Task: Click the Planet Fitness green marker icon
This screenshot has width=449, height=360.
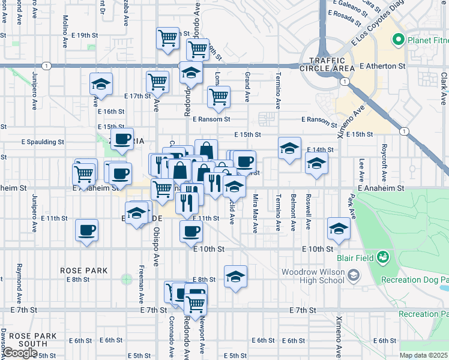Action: pos(397,41)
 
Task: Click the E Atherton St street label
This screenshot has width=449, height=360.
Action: pos(382,66)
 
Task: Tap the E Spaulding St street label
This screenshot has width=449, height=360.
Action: pos(43,142)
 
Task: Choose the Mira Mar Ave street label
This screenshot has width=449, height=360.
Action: pos(255,213)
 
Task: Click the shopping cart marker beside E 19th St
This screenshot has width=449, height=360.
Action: pos(167,37)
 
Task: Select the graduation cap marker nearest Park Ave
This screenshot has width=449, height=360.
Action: pos(339,229)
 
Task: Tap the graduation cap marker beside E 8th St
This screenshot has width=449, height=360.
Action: pos(235,277)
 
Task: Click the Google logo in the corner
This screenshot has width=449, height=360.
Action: pos(20,352)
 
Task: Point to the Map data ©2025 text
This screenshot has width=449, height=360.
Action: pos(423,355)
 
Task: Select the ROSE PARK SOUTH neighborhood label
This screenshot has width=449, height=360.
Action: pos(28,340)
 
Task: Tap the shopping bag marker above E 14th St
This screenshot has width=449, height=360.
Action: pos(205,149)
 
